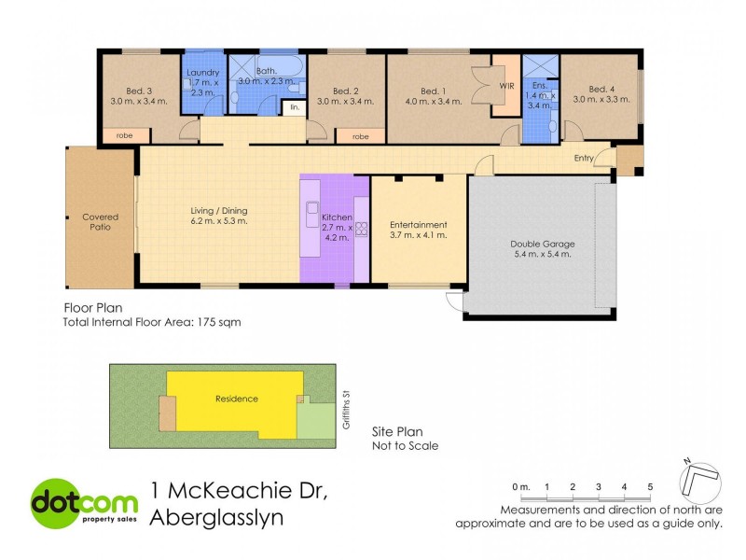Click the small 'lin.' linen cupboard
coord(295,108)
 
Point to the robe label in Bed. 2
coord(361,136)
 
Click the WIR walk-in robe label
coord(506,86)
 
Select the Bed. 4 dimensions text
coord(599,101)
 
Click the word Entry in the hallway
coord(584,159)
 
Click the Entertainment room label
coord(418,224)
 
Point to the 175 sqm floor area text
coord(221,322)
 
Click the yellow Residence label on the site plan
coord(236,399)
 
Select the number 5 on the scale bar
coord(650,487)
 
